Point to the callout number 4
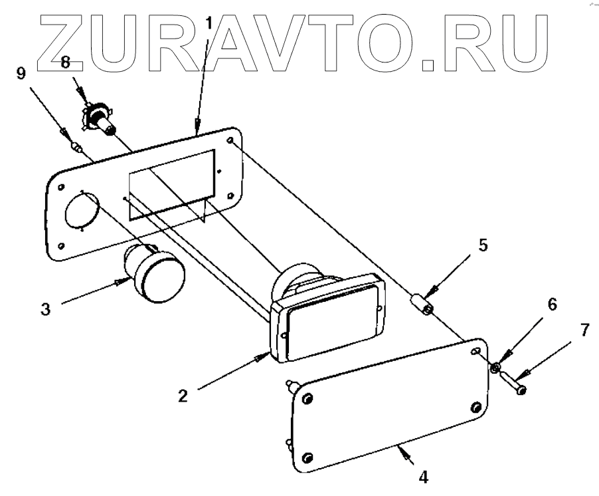tap(423, 476)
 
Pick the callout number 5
tap(483, 245)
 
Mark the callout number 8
tap(65, 63)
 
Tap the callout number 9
tap(21, 74)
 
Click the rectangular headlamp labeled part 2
tap(329, 316)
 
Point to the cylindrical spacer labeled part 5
tap(422, 307)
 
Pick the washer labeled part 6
tap(495, 368)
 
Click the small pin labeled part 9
tap(76, 147)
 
